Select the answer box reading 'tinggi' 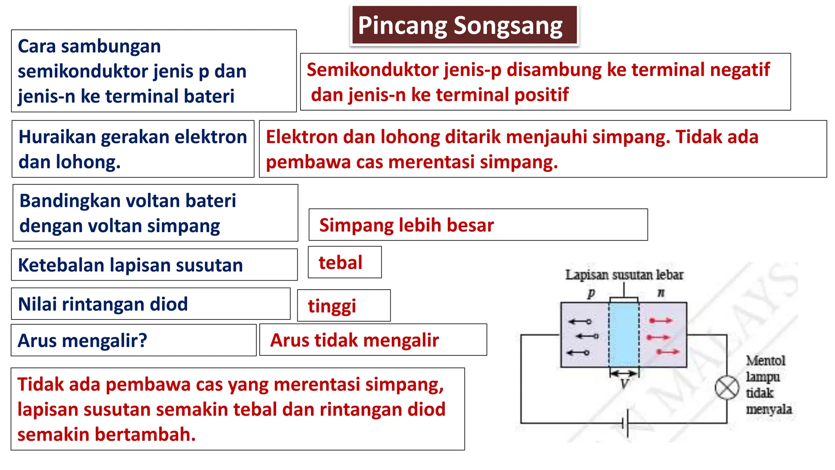(x=344, y=306)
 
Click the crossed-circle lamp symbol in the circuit (x=727, y=388)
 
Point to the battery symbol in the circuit (x=625, y=423)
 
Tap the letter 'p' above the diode (x=591, y=293)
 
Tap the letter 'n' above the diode (x=661, y=293)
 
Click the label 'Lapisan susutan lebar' (x=624, y=275)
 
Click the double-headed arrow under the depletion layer (x=624, y=373)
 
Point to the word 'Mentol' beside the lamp (x=765, y=361)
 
